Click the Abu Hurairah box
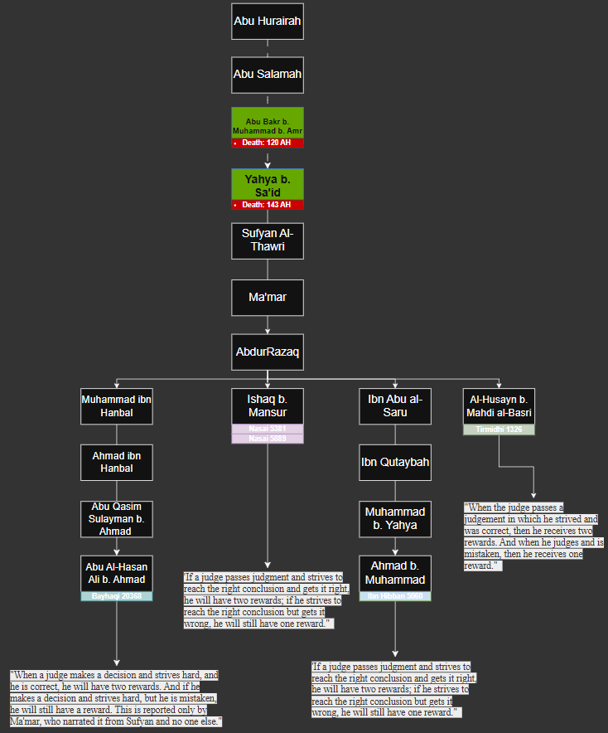(x=268, y=22)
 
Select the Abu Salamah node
(x=268, y=75)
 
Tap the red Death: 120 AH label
(x=268, y=143)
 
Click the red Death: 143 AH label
(x=268, y=205)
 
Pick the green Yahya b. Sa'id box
(x=268, y=184)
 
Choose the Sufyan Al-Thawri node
(x=268, y=240)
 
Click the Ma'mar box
(x=268, y=297)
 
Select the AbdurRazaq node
(x=268, y=352)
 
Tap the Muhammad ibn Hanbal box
(x=117, y=406)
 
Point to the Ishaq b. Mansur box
(x=268, y=406)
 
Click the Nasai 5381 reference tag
(x=268, y=429)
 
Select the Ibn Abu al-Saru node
(x=395, y=406)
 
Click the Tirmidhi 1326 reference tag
(x=499, y=430)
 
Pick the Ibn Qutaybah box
(x=395, y=463)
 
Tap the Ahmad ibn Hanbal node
(x=117, y=463)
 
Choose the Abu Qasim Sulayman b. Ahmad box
(x=117, y=519)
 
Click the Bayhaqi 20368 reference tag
(x=117, y=596)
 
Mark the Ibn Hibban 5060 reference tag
(x=395, y=596)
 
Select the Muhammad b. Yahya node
(x=395, y=519)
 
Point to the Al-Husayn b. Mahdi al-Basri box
(x=499, y=406)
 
